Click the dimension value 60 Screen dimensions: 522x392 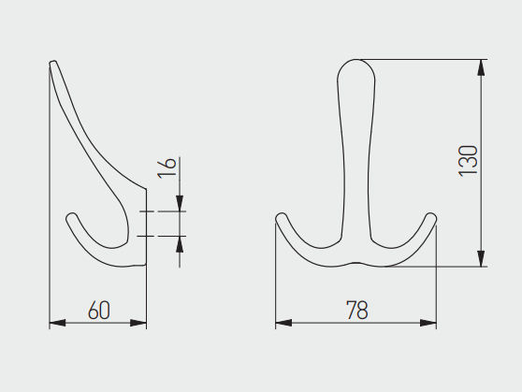pyautogui.click(x=99, y=310)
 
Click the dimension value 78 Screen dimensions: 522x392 pyautogui.click(x=357, y=310)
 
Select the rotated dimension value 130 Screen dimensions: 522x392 pyautogui.click(x=468, y=161)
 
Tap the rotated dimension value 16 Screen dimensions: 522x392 pyautogui.click(x=167, y=167)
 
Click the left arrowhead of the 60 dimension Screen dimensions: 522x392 pyautogui.click(x=57, y=323)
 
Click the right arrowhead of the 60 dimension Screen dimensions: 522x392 pyautogui.click(x=138, y=323)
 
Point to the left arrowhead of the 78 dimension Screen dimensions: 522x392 pyautogui.click(x=283, y=323)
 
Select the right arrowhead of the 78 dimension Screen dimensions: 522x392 pyautogui.click(x=428, y=323)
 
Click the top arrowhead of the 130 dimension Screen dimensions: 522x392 pyautogui.click(x=481, y=67)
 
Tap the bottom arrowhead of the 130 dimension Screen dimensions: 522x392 pyautogui.click(x=481, y=259)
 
